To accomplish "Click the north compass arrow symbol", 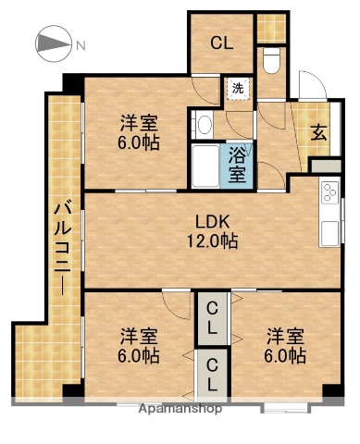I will coord(53,43).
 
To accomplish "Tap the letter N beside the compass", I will coord(81,44).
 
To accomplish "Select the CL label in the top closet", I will coord(220,42).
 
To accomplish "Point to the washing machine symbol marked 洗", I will coord(238,89).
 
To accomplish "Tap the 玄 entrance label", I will coord(317,131).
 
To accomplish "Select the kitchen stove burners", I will coord(329,193).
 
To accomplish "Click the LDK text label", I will coord(211,222).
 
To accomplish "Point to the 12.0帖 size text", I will coord(211,241).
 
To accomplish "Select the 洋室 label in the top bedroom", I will coord(137,122).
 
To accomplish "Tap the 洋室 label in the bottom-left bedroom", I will coord(137,335).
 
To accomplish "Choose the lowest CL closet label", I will coord(213,372).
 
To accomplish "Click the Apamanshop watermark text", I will coord(180,408).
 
